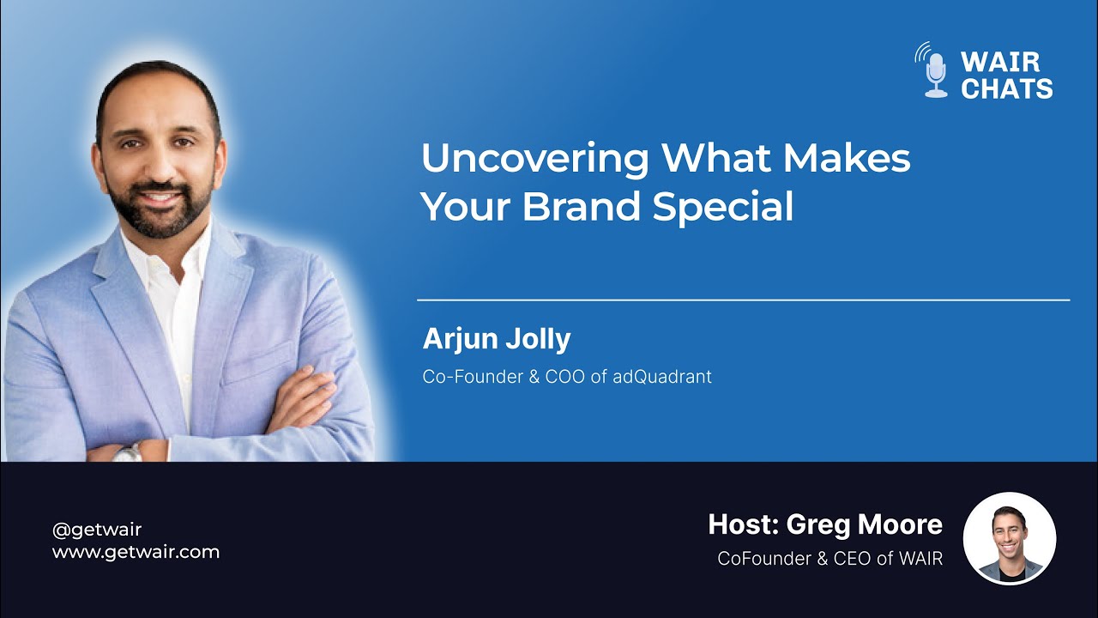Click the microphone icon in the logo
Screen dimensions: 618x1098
935,72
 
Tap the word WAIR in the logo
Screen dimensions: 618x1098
1000,62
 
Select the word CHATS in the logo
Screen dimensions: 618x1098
1006,88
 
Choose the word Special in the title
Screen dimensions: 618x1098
722,207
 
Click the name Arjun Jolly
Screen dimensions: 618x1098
496,339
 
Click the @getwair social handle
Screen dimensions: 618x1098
96,530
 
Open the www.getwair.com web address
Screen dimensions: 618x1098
136,552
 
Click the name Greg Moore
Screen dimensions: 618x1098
865,524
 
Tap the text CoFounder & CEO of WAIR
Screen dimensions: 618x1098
830,559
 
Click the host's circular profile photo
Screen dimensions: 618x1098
1010,538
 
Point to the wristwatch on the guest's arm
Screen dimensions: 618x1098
128,451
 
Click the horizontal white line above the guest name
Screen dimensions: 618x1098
743,300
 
